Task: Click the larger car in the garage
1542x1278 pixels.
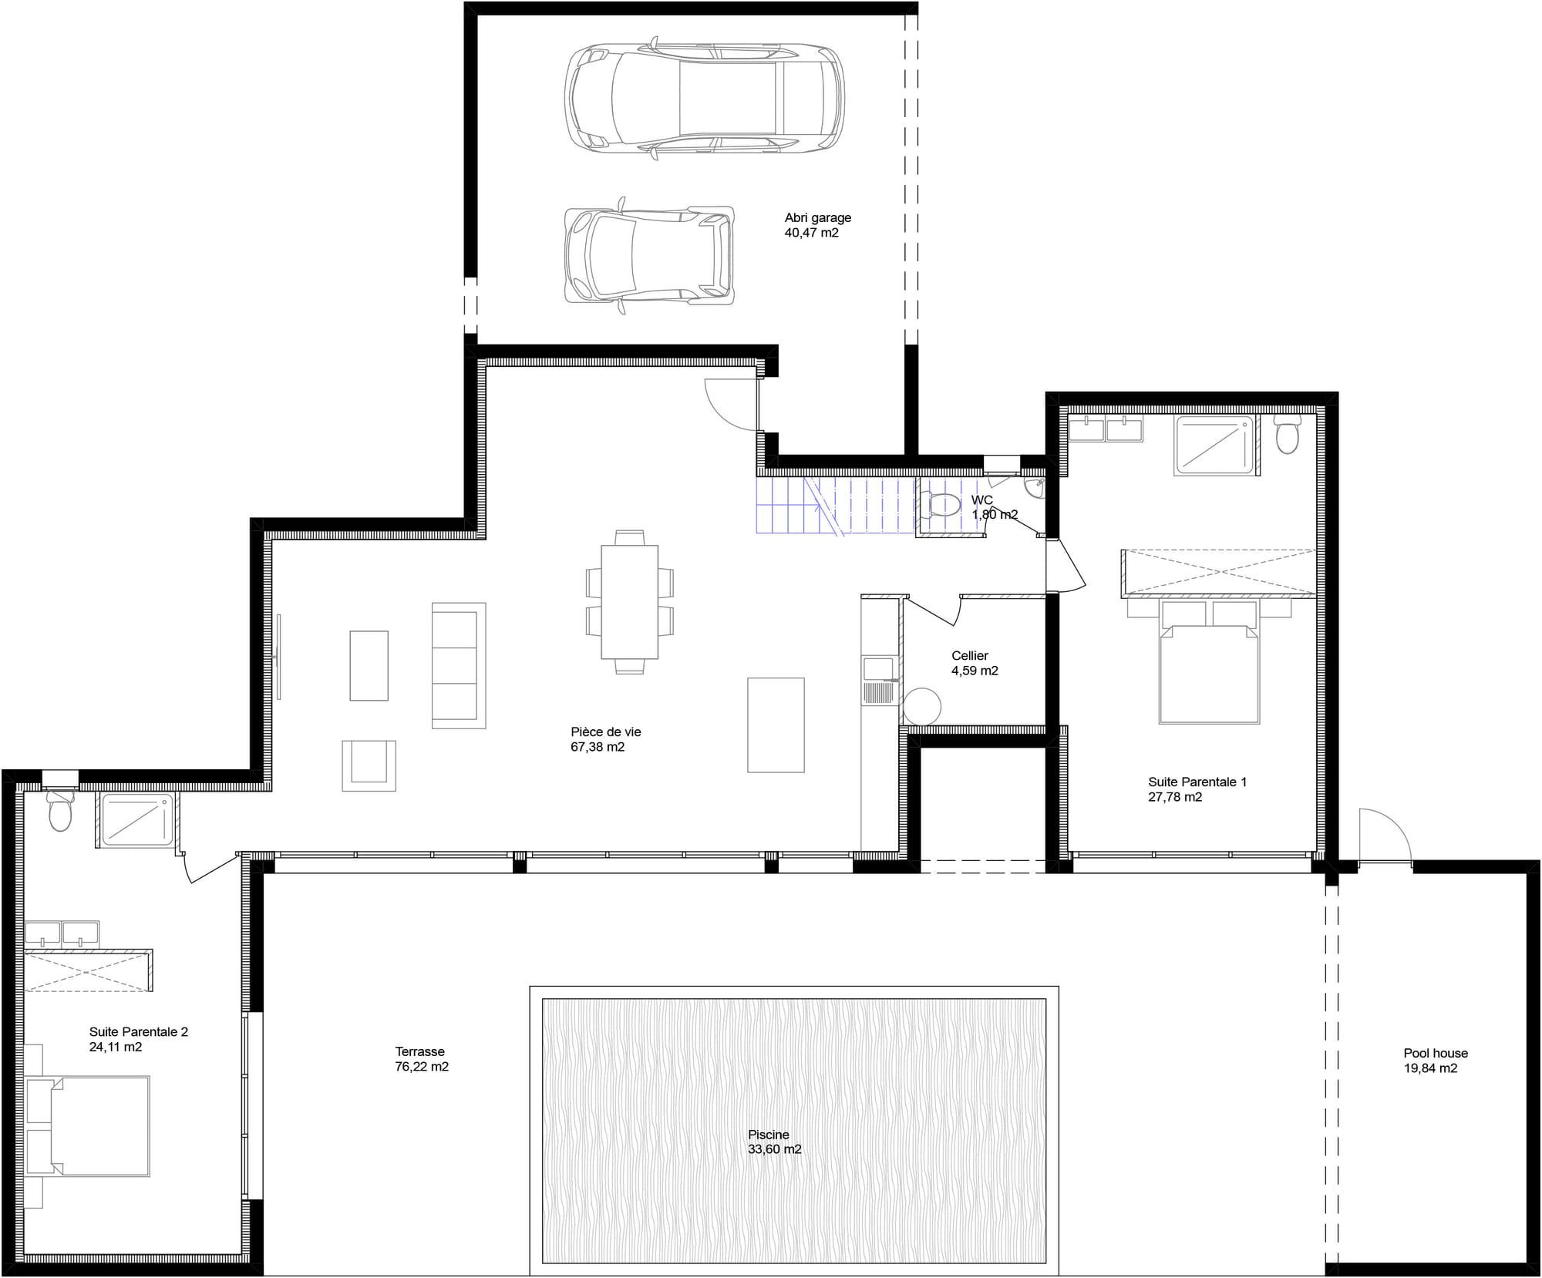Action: [x=704, y=98]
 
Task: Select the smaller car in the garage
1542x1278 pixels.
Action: [x=649, y=255]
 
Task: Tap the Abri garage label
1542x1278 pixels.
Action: [x=817, y=217]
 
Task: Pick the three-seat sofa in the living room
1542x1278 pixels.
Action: [x=458, y=665]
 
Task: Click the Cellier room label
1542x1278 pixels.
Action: [x=969, y=656]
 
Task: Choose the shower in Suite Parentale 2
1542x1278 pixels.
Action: [x=136, y=819]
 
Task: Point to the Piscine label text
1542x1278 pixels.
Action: [x=768, y=1135]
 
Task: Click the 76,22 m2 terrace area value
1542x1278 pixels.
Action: [x=422, y=1067]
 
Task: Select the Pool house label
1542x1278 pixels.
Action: [x=1435, y=1053]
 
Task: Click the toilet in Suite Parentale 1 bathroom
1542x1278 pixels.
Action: [x=1286, y=436]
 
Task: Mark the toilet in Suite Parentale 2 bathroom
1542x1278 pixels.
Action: [x=59, y=811]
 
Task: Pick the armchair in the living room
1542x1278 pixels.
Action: [x=369, y=765]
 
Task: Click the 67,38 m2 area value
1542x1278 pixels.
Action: [x=598, y=747]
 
